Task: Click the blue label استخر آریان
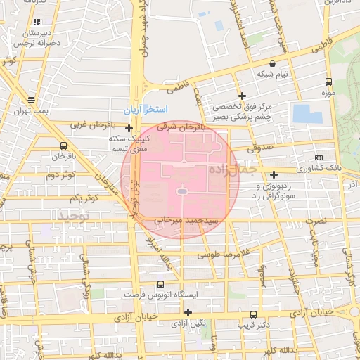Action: tap(146, 110)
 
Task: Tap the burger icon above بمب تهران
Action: tap(30, 100)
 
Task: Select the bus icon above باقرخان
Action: tap(64, 145)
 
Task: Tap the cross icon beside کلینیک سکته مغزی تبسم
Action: tap(129, 128)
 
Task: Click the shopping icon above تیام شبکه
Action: tap(272, 63)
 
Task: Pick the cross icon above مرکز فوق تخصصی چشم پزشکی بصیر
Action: tap(243, 96)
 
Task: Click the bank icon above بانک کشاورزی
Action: tap(319, 157)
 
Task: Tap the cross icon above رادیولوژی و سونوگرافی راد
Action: tap(274, 174)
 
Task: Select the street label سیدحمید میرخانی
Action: tap(184, 220)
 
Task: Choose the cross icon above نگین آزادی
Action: tap(188, 311)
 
